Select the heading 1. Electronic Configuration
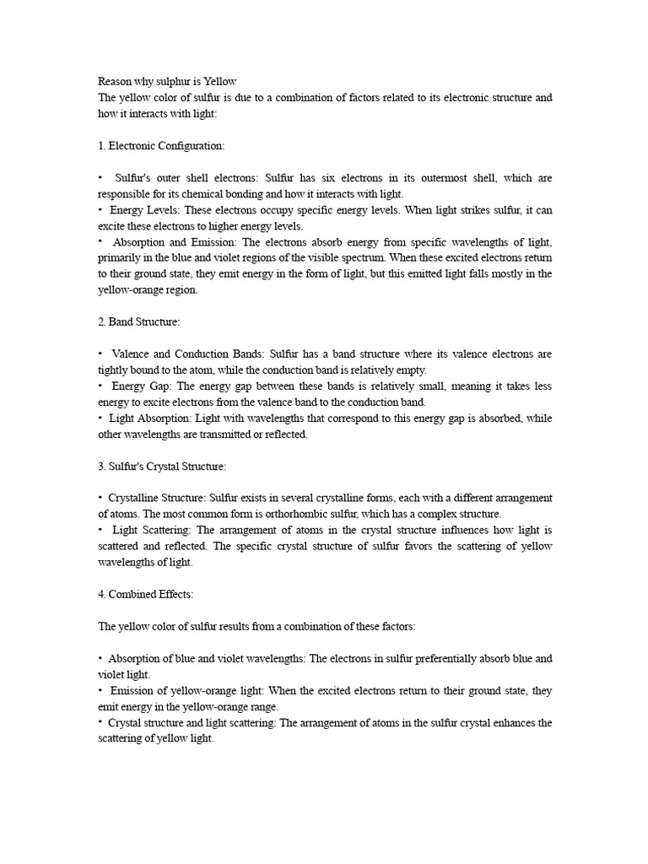[161, 146]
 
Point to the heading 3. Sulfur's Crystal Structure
[162, 466]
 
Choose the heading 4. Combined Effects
[146, 594]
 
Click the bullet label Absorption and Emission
[167, 242]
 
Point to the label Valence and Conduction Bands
[175, 354]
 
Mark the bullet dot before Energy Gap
[100, 386]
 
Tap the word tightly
[113, 370]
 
